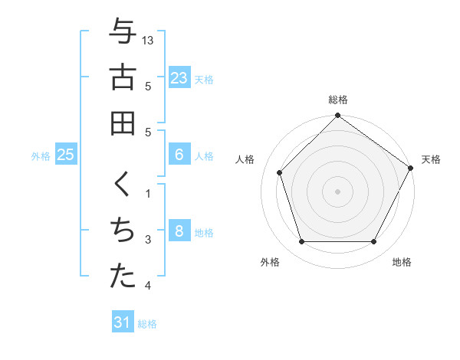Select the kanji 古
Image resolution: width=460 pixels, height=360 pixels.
[x=123, y=77]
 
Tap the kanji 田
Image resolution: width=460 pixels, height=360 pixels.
[x=123, y=123]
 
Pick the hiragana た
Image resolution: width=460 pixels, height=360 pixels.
[x=123, y=277]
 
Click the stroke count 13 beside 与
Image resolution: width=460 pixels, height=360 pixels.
[x=149, y=40]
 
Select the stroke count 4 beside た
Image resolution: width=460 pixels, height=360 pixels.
[x=149, y=286]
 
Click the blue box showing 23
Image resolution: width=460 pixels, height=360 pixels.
[x=179, y=78]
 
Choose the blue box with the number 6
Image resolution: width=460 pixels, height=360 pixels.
[x=179, y=155]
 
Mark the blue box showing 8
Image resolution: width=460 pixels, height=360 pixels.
[x=179, y=231]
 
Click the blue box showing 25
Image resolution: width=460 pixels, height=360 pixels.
[x=65, y=155]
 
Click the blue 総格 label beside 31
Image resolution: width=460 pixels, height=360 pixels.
[x=147, y=324]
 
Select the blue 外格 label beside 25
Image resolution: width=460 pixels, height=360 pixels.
[x=41, y=156]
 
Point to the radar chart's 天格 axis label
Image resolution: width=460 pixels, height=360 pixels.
[x=431, y=159]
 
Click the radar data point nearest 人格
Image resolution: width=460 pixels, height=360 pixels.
[x=280, y=172]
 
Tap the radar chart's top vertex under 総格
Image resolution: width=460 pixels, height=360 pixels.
[x=337, y=117]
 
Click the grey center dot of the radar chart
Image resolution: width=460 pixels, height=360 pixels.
[x=337, y=191]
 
